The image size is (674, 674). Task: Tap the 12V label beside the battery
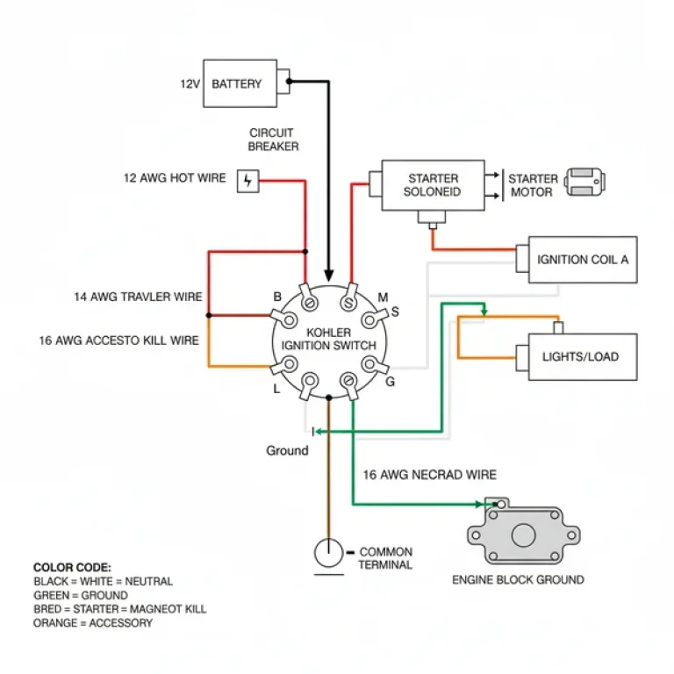(190, 84)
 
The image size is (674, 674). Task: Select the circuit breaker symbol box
(248, 181)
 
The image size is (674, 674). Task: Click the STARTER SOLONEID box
(432, 185)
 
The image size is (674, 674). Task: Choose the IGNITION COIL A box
(582, 260)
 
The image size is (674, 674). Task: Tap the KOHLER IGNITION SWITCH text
(328, 340)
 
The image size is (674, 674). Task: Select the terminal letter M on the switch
(383, 298)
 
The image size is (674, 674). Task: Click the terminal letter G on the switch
(390, 381)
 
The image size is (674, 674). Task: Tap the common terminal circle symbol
(329, 553)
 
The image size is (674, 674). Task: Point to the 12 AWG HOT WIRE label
(175, 178)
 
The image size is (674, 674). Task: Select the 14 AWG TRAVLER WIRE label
(139, 297)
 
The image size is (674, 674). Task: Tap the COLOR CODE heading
(72, 568)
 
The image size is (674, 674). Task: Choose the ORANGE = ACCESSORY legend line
(93, 623)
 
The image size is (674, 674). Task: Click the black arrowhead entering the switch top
(329, 274)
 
